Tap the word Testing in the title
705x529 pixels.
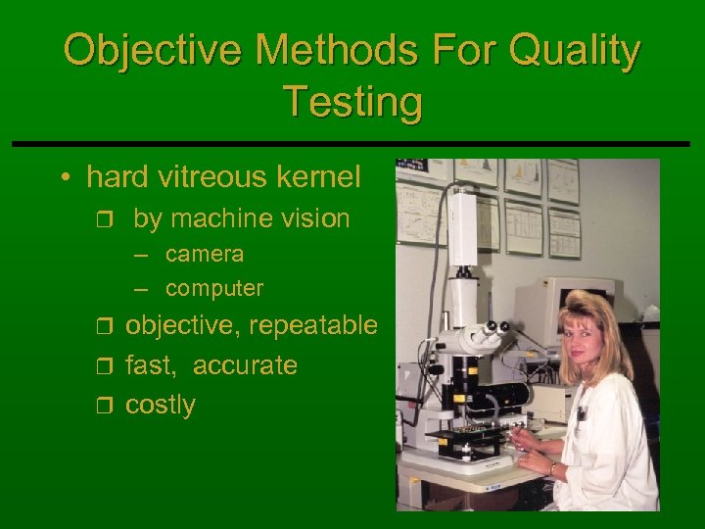[352, 101]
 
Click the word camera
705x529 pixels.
[205, 255]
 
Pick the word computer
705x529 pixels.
[214, 289]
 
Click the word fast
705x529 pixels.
[147, 365]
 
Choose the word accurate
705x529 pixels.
[245, 365]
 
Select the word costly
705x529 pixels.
[161, 405]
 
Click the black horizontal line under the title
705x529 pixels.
[352, 143]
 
